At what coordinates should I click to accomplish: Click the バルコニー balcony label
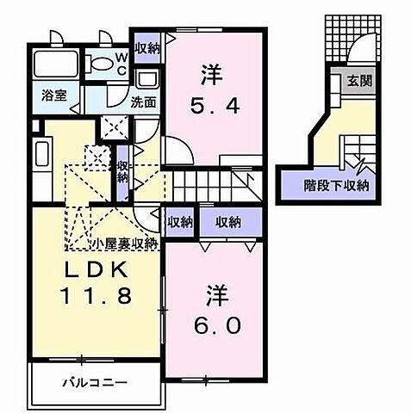95,380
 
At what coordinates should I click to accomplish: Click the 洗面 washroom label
143,102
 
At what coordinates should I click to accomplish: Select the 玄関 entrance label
359,83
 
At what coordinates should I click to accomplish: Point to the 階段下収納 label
336,184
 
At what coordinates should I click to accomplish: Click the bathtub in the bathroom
57,65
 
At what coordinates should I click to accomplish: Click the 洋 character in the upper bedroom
209,76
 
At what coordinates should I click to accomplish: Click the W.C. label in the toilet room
122,64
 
